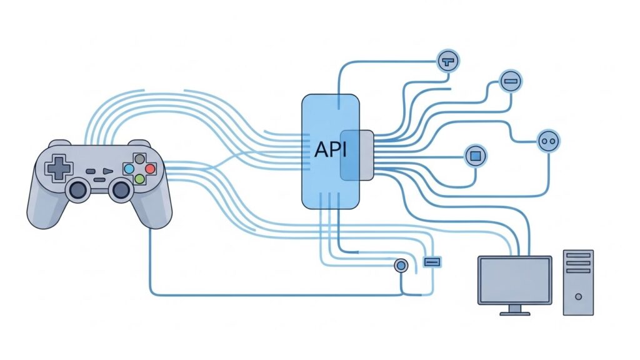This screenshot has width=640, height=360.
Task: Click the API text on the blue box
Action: (330, 150)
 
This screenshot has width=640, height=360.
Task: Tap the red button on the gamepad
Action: (150, 169)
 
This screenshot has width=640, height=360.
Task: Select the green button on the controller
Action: (140, 179)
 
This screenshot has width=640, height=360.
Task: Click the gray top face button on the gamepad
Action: (140, 159)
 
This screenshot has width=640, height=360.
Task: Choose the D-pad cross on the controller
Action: (61, 167)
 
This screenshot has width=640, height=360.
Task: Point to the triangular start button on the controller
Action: (107, 171)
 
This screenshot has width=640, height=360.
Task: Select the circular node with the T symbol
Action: (447, 61)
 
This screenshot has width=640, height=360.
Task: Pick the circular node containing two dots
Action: (549, 141)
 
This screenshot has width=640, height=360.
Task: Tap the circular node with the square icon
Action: (475, 154)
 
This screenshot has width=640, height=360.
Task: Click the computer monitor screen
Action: (514, 279)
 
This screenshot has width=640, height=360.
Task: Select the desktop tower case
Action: (578, 282)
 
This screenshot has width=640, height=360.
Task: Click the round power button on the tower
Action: (578, 296)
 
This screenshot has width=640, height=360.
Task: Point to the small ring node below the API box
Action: (401, 266)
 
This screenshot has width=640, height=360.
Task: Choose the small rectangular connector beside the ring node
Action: (432, 261)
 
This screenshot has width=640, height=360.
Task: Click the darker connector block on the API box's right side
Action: (357, 154)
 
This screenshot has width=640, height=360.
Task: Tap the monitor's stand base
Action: (515, 312)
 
